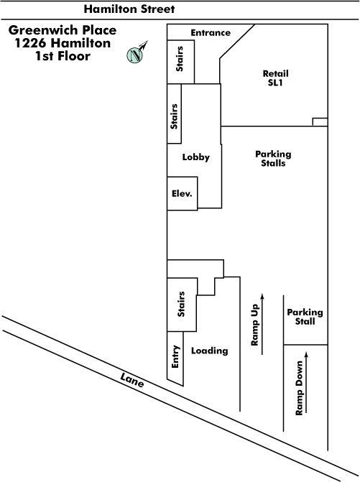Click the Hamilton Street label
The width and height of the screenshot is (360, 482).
click(129, 9)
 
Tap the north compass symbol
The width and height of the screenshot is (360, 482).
click(136, 54)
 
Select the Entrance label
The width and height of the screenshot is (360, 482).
click(211, 32)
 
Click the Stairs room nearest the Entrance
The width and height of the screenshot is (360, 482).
click(181, 62)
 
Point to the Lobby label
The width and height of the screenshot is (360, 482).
click(196, 157)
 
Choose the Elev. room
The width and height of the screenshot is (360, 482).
click(183, 193)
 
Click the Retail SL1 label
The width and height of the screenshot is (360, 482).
click(275, 78)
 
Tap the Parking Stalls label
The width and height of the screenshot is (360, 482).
click(273, 158)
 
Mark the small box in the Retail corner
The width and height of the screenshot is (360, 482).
click(320, 122)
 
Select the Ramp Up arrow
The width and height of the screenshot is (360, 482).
click(262, 324)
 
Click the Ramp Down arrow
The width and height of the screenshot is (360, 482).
click(306, 382)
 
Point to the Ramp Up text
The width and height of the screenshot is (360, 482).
click(255, 325)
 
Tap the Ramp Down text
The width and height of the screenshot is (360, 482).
click(299, 388)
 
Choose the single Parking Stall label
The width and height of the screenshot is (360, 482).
click(305, 317)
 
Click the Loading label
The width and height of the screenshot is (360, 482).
click(210, 351)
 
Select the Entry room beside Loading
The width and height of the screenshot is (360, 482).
click(175, 358)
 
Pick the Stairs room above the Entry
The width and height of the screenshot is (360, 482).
click(182, 305)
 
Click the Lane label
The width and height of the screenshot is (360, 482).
click(132, 380)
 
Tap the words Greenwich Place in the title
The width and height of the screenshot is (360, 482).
click(63, 30)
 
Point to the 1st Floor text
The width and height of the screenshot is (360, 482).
click(63, 56)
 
